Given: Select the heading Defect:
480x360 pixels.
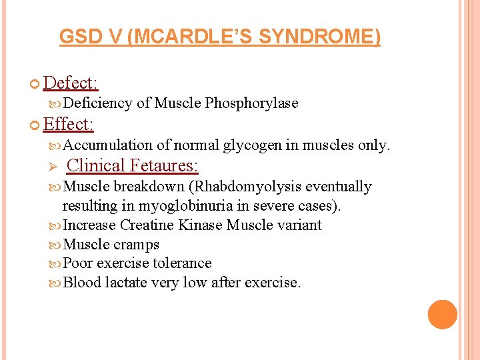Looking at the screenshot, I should click(71, 83).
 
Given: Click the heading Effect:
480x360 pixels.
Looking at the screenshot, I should click(68, 125).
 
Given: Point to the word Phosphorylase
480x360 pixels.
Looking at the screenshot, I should click(251, 103).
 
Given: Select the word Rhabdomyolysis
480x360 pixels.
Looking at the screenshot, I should click(246, 187).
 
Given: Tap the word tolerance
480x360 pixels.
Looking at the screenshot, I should click(182, 263).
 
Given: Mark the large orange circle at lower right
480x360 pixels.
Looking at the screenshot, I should click(443, 315).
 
